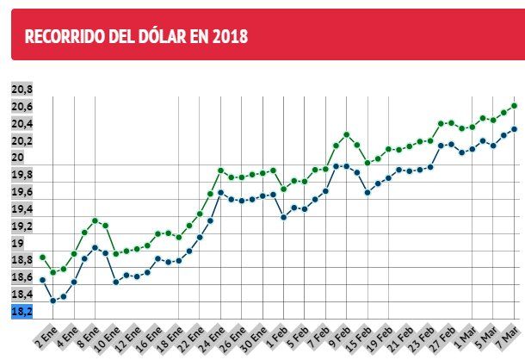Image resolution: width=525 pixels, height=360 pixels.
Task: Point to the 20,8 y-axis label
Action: tap(22, 89)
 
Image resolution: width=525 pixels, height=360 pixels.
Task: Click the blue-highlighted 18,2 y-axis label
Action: tap(22, 311)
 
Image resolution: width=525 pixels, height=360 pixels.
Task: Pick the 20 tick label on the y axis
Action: tap(18, 158)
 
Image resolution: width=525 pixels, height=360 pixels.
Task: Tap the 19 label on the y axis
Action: tap(18, 243)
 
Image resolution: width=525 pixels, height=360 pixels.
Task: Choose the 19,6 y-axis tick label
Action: tap(22, 192)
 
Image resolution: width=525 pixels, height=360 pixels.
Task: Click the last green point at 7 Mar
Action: tap(514, 105)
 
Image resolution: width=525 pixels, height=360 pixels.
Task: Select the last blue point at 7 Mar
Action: tap(514, 129)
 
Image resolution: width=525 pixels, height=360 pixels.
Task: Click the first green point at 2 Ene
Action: tap(42, 257)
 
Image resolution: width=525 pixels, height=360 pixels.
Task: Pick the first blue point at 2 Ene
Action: tap(42, 280)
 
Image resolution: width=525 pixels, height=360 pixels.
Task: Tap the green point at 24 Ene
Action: tap(221, 171)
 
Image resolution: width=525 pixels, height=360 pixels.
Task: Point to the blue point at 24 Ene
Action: tap(221, 193)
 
